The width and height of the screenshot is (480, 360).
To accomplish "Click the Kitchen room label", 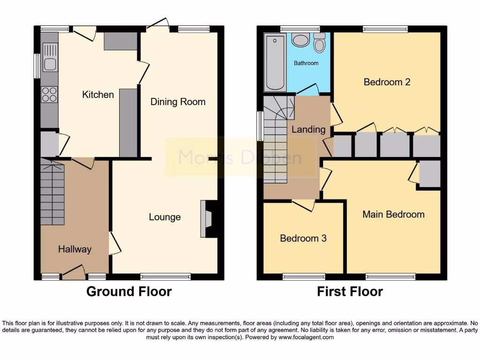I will [x=98, y=95].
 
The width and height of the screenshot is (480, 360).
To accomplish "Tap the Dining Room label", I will [x=178, y=102].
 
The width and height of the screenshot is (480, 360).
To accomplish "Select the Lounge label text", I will [x=165, y=217].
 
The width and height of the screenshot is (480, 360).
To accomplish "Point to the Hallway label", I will [x=75, y=249].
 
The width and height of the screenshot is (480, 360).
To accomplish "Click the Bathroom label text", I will [x=306, y=63].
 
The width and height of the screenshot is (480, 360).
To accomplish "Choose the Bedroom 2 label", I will [x=387, y=82].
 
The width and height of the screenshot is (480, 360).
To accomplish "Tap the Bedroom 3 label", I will [x=303, y=238].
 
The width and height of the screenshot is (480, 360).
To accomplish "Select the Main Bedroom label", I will [x=393, y=215].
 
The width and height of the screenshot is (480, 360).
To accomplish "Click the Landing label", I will [x=308, y=129].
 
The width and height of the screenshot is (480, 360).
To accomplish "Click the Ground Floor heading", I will [x=129, y=292].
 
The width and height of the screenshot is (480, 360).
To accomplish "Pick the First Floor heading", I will [x=350, y=292].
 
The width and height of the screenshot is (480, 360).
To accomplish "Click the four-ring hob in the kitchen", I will [x=49, y=95].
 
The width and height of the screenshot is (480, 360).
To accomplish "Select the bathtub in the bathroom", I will [x=275, y=62].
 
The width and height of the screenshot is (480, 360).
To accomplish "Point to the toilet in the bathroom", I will [x=320, y=43].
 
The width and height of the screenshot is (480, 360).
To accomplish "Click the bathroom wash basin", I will [x=300, y=40].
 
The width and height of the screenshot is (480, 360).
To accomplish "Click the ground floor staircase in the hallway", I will [x=52, y=192].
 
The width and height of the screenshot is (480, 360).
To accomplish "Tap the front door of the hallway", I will [x=74, y=273].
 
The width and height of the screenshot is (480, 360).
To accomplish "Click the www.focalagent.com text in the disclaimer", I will [x=306, y=337].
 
